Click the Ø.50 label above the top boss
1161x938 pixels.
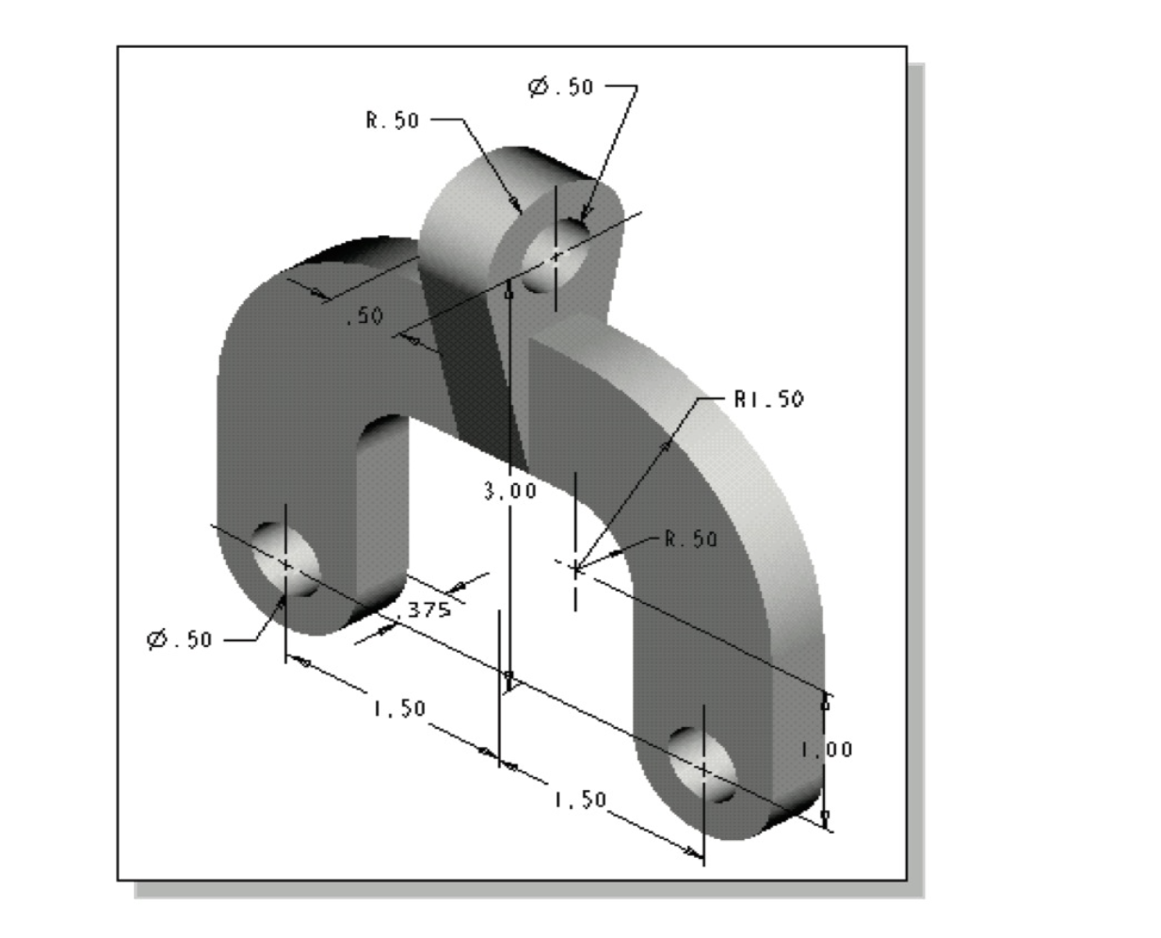tap(561, 88)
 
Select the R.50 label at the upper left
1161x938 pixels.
tap(393, 121)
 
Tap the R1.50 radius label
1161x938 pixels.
tap(769, 399)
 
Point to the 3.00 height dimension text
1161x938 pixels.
tap(509, 491)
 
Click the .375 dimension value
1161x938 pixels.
tap(425, 609)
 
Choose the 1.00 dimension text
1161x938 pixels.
tap(827, 750)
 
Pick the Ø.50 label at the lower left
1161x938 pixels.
tap(180, 639)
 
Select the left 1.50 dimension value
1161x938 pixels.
tap(399, 708)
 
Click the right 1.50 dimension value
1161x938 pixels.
tap(579, 800)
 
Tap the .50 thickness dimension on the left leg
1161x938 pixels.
tap(364, 316)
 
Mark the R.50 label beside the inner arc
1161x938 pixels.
tap(690, 539)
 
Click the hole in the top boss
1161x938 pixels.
tap(556, 254)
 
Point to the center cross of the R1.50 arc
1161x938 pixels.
tap(575, 567)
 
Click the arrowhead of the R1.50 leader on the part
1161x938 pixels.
tap(666, 445)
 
